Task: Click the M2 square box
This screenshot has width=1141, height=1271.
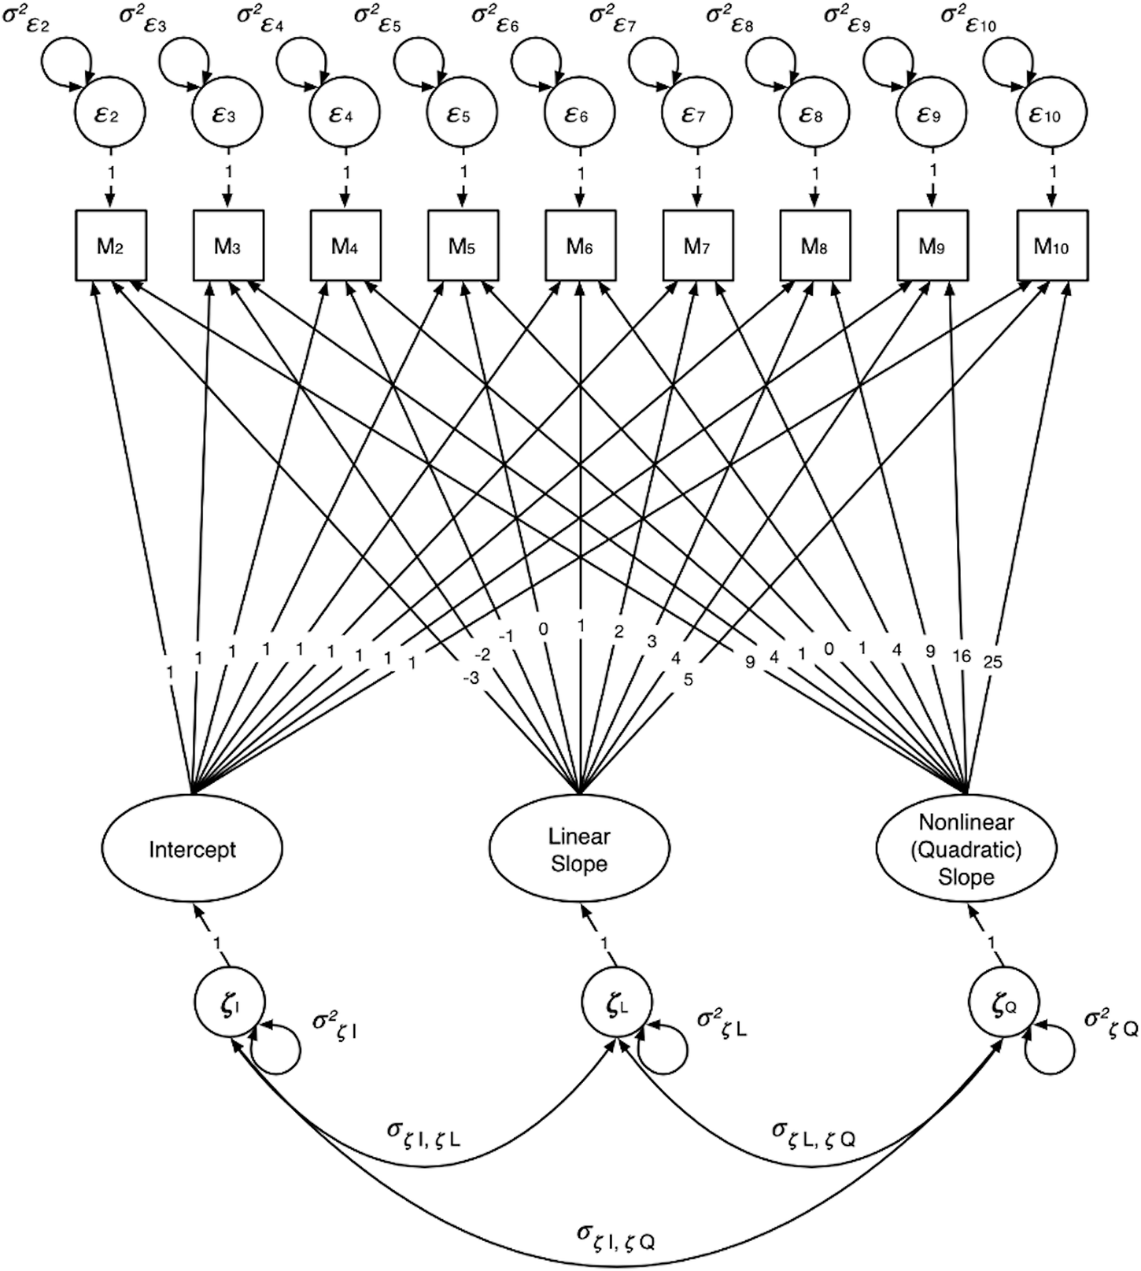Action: click(x=111, y=245)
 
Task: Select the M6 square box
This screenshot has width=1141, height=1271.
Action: click(x=581, y=245)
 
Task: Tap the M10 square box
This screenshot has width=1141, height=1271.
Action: click(x=1051, y=245)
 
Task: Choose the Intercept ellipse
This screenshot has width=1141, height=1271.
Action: click(x=192, y=849)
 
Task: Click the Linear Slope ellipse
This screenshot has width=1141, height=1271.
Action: click(x=580, y=849)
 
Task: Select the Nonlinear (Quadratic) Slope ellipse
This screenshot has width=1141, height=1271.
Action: click(x=966, y=849)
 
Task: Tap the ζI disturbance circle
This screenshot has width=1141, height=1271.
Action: click(x=230, y=1004)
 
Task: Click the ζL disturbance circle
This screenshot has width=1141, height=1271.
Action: click(x=616, y=1004)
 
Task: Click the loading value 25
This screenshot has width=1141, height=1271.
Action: click(x=993, y=662)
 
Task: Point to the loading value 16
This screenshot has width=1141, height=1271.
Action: click(x=962, y=656)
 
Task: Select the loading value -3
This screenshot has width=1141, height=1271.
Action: click(x=470, y=678)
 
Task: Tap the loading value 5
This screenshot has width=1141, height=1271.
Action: click(x=688, y=679)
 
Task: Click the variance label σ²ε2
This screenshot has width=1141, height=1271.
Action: click(x=28, y=17)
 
